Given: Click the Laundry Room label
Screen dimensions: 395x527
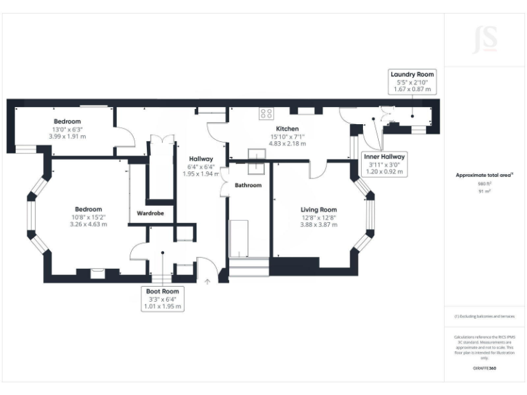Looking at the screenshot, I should [412, 74].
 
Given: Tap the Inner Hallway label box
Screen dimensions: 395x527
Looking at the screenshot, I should [384, 156].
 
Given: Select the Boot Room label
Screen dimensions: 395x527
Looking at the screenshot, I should [163, 291].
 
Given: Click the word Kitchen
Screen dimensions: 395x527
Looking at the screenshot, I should [287, 129].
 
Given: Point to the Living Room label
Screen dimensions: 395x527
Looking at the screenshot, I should [318, 209].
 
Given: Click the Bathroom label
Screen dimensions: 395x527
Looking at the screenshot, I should [248, 185].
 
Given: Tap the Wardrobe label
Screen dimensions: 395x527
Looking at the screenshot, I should [150, 213].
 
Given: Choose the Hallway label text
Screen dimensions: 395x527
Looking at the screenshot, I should [200, 159].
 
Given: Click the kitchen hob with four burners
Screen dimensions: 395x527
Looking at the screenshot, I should [266, 114].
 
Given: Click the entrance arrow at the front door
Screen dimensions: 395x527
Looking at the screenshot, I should [207, 280].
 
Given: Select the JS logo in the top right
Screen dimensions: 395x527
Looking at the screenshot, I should [484, 40].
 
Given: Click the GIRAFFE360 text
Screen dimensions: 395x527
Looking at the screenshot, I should [484, 369].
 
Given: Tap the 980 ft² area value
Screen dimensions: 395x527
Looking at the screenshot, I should [484, 184].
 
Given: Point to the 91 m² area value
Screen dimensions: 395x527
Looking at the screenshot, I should [484, 191].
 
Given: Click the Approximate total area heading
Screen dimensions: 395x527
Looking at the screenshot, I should [484, 176].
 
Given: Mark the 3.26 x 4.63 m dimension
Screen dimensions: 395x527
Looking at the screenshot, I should [89, 224].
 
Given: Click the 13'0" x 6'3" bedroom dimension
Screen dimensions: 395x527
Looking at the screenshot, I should [67, 129].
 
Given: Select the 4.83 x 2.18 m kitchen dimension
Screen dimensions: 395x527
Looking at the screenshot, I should [287, 143].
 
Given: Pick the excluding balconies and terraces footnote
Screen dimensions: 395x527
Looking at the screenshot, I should [484, 316].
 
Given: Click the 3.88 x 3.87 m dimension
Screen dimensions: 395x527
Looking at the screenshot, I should [318, 224].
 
